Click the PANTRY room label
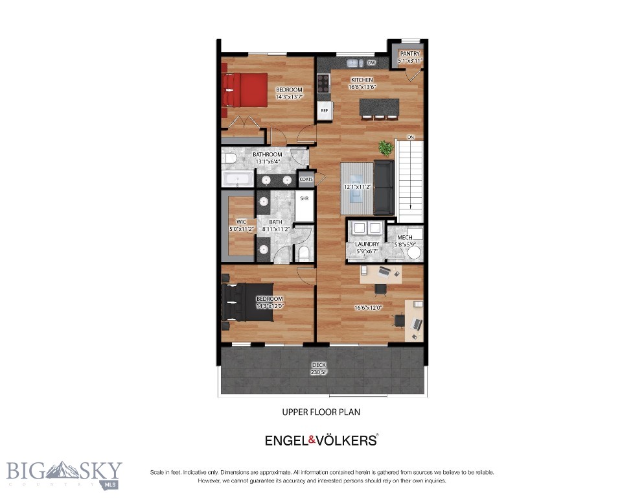(x=409, y=54)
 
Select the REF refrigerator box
(x=324, y=111)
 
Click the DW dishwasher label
(x=372, y=63)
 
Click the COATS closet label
(x=306, y=179)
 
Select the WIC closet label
(x=241, y=221)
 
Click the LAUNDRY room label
(x=367, y=244)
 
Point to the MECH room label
(x=406, y=238)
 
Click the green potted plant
(x=386, y=148)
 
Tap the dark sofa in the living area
(x=384, y=188)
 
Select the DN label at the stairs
(x=410, y=137)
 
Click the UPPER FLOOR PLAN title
(x=321, y=411)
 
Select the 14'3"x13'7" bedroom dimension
(x=289, y=97)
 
